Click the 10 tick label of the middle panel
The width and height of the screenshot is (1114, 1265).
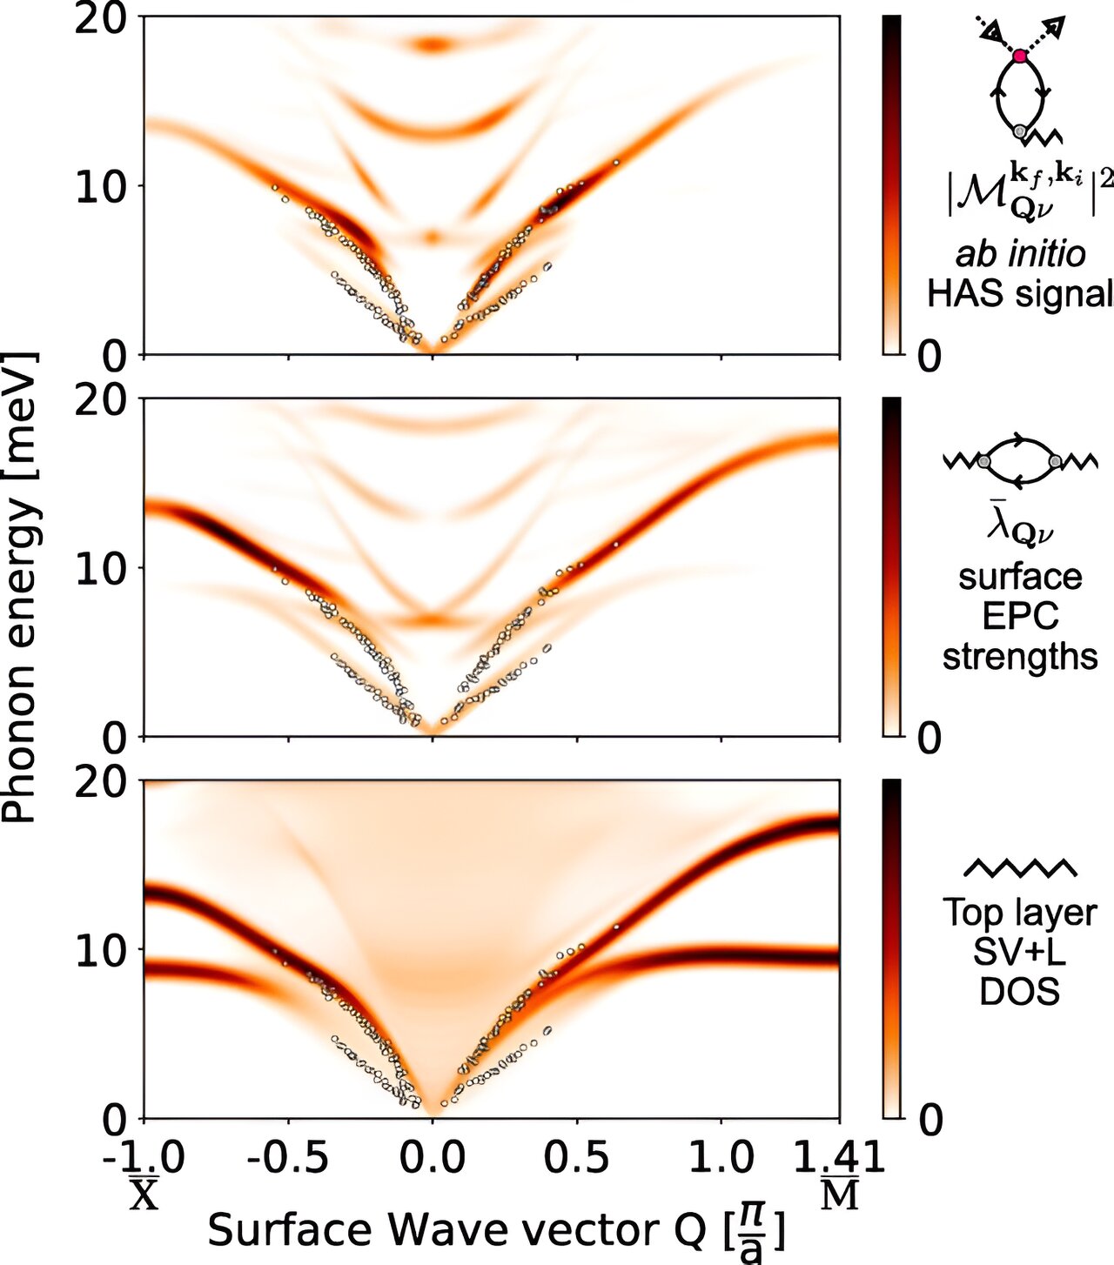click(x=103, y=568)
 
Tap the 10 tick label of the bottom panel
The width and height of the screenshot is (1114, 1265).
click(x=103, y=950)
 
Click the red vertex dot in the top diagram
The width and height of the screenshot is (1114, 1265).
click(x=1020, y=57)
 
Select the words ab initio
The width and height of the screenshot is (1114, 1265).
click(x=1020, y=254)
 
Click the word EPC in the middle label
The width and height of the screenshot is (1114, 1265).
click(x=1020, y=616)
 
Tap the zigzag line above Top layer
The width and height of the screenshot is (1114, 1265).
click(x=1020, y=867)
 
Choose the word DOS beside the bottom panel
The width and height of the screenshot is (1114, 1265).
click(x=1020, y=992)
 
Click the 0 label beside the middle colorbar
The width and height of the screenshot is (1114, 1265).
click(x=929, y=739)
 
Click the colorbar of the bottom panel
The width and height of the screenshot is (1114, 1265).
click(x=891, y=948)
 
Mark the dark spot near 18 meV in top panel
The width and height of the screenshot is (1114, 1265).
click(x=433, y=44)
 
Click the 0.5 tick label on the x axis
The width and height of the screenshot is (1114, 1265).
click(x=577, y=1158)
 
